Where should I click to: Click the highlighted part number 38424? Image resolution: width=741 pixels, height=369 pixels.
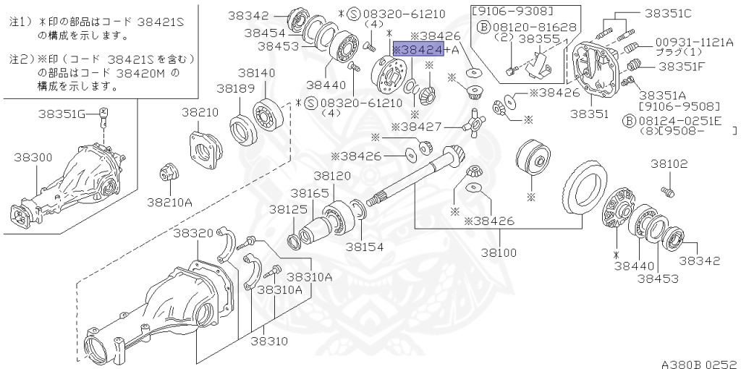[419, 49]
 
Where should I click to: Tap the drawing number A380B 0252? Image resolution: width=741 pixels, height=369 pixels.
[698, 362]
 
